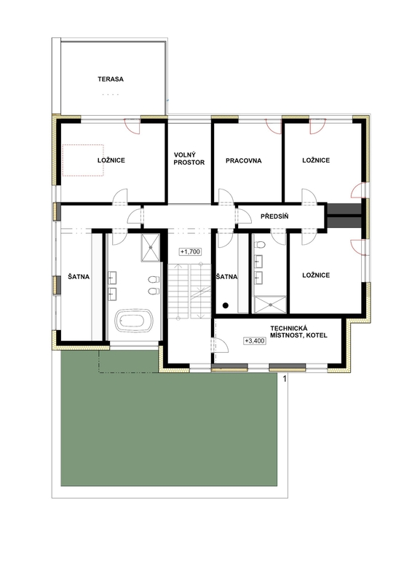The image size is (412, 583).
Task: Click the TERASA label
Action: [111, 79]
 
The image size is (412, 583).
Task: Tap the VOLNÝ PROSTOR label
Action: [189, 158]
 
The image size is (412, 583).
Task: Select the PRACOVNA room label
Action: [243, 160]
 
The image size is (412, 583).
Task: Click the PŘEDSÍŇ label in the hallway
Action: [274, 216]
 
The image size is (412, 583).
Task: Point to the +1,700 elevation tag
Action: [190, 251]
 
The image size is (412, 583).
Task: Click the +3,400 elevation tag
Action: [255, 340]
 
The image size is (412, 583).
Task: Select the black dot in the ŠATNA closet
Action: [225, 305]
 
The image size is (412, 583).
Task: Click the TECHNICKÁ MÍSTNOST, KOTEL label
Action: [298, 332]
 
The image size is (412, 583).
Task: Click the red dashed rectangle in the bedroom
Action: [82, 160]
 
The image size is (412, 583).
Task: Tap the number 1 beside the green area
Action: [284, 379]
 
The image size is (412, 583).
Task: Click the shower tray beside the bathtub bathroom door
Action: [151, 248]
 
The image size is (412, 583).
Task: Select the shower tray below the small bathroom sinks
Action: [272, 305]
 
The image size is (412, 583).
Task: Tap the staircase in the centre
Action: [189, 291]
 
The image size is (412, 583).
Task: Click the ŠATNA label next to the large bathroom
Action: [79, 277]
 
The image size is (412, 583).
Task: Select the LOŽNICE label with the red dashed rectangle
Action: [111, 160]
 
